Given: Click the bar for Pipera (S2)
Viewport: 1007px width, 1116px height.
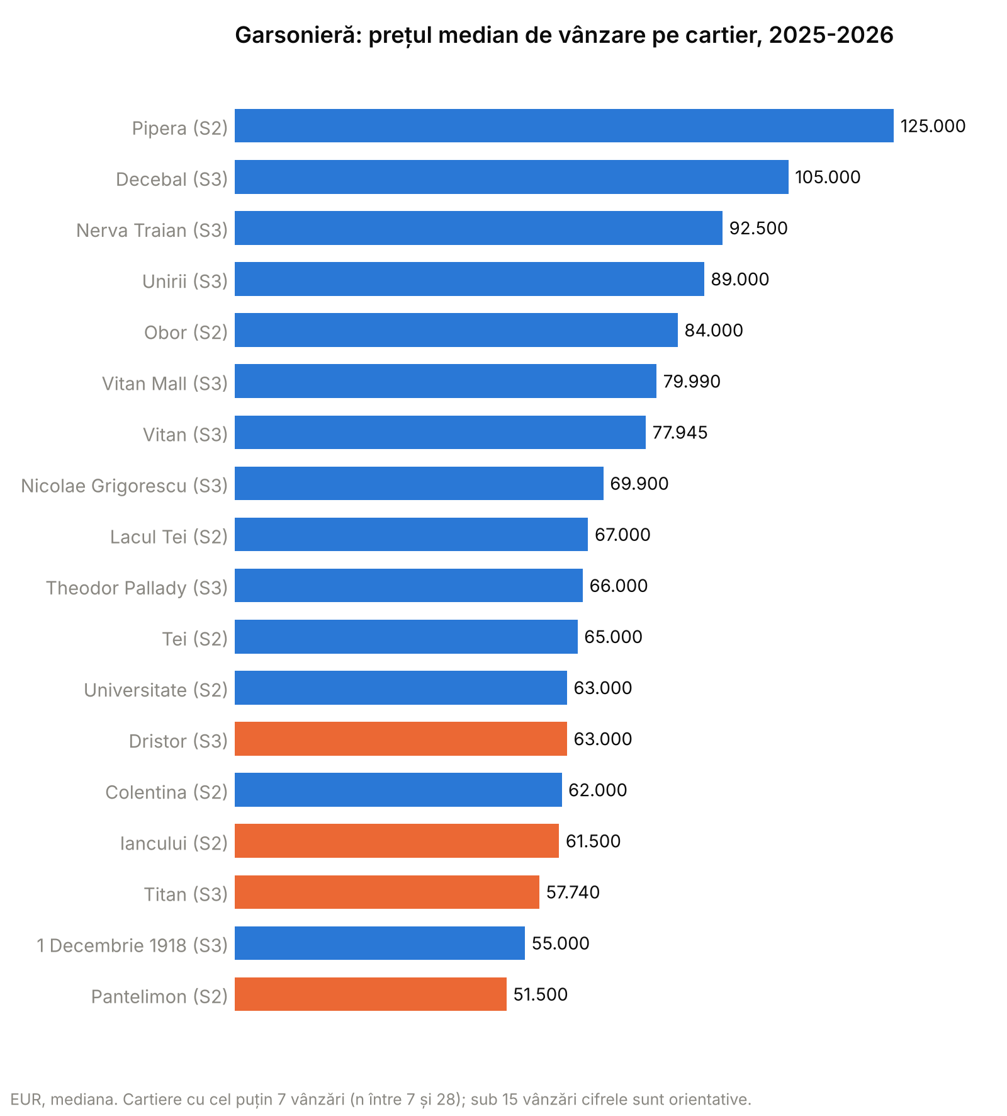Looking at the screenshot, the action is pos(564,126).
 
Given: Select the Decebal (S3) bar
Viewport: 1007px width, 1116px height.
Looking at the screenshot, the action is pos(512,177).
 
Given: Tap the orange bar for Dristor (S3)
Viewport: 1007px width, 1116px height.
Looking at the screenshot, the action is pos(401,739).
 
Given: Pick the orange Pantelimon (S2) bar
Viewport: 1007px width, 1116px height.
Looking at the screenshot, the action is pos(371,994).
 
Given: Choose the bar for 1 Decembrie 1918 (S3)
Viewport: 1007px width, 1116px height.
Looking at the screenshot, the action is pos(380,943).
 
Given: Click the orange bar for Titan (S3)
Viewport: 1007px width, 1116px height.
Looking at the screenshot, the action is pos(387,892).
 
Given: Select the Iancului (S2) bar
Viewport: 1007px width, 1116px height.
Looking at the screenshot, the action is pos(397,841).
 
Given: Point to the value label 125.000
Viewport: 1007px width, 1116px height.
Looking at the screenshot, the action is pos(933,126).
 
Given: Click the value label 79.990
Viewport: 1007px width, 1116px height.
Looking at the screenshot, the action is pos(692,382).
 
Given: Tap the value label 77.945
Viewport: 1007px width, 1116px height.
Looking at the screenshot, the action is pos(680,433).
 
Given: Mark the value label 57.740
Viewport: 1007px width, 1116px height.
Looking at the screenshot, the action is pos(573,892).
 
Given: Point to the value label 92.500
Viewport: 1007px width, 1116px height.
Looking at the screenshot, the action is pos(758,228).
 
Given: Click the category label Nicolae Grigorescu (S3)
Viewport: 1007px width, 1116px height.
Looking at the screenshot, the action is pos(124,486).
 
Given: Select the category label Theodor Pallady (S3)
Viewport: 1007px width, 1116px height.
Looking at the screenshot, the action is pos(137,588).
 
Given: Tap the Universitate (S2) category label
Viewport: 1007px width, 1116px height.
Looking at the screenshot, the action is pos(155,690).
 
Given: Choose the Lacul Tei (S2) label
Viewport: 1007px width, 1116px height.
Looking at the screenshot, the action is pos(169,537).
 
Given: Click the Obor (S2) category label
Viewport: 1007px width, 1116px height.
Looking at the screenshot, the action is pos(186,332).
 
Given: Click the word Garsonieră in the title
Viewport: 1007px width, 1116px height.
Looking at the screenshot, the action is pos(298,35).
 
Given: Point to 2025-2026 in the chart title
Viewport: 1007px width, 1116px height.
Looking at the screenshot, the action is pos(831,35).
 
